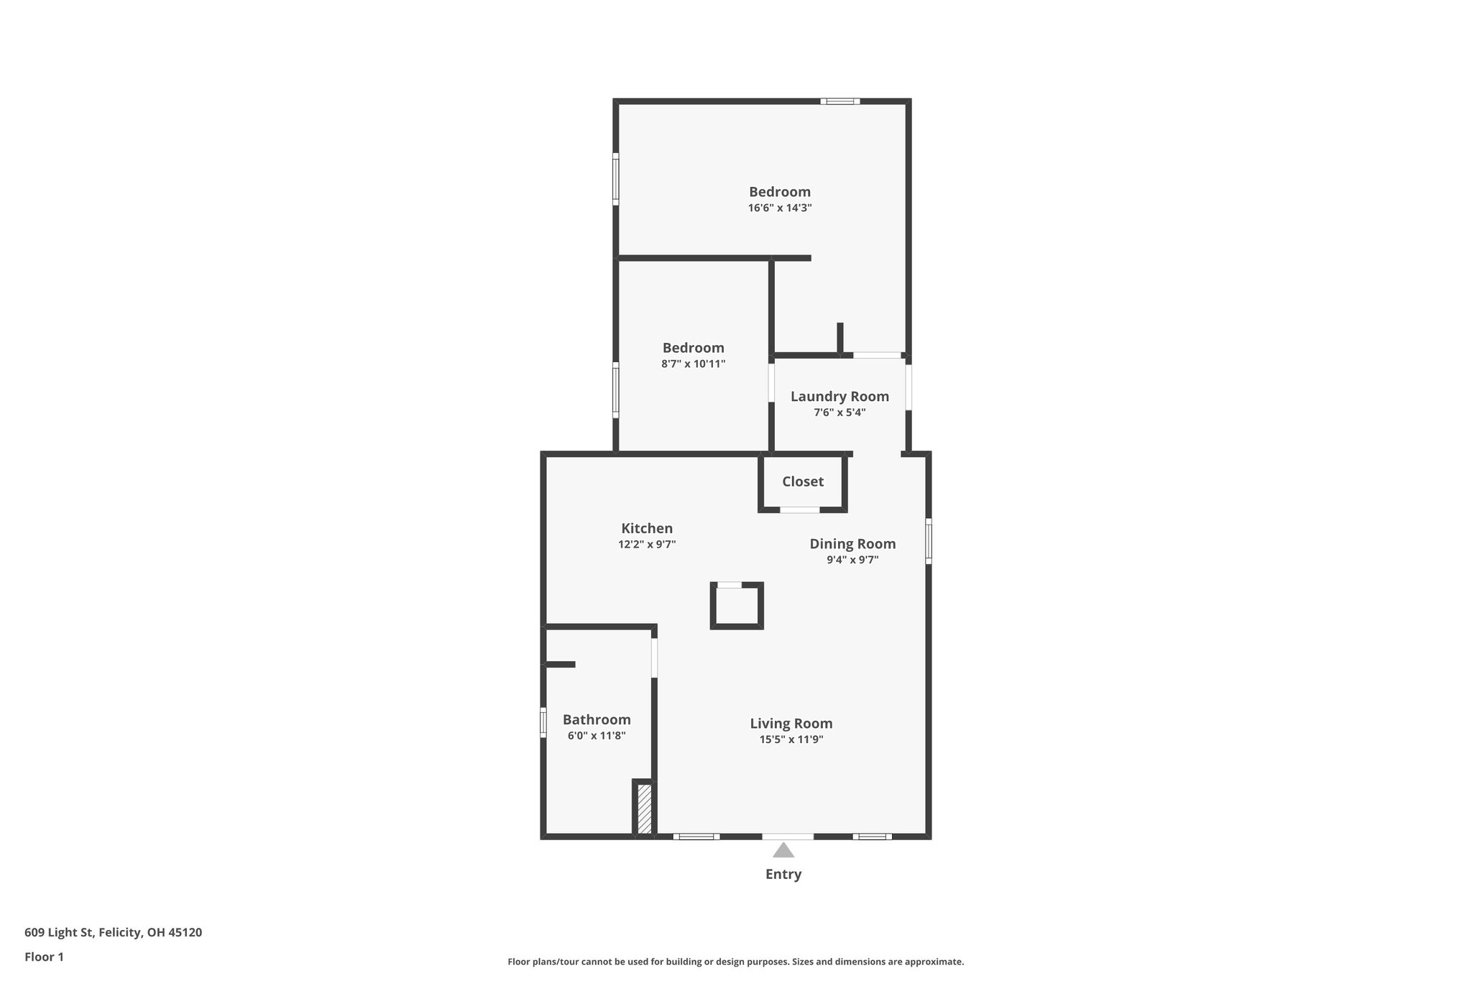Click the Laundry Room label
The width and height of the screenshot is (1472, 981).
coord(839,397)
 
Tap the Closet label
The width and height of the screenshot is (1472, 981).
coord(803,482)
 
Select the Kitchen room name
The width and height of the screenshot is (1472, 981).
coord(647,529)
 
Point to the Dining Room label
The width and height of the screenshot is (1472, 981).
coord(852,544)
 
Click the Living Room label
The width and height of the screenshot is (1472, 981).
coord(791,724)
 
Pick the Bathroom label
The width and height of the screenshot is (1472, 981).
coord(597,720)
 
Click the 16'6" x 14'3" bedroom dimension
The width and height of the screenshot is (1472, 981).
coord(780,208)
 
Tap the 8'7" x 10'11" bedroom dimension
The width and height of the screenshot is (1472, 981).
coord(693,364)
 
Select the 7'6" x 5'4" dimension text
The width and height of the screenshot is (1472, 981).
coord(839,413)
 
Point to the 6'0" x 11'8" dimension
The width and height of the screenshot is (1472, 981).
coord(597,736)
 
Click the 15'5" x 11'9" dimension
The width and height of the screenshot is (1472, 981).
coord(791,740)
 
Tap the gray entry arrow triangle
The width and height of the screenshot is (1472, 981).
coord(783,851)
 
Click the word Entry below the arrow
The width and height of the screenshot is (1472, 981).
coord(783,875)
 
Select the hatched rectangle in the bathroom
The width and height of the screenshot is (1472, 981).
coord(645,809)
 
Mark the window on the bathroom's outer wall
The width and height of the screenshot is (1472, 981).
coord(543,722)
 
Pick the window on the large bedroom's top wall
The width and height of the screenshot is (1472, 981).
coord(840,101)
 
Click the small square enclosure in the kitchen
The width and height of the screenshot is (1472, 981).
coord(737,606)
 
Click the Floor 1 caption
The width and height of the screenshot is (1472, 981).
coord(44,957)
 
